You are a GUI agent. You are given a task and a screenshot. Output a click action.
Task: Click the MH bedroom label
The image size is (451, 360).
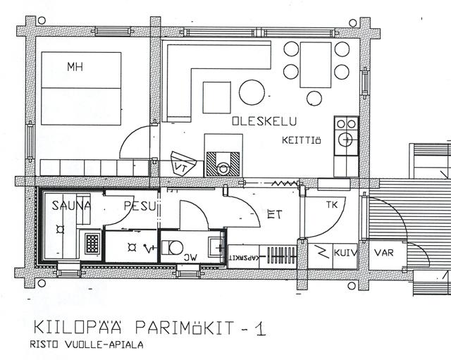[x=75, y=67]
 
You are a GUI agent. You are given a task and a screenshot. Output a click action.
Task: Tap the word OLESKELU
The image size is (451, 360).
[x=264, y=121]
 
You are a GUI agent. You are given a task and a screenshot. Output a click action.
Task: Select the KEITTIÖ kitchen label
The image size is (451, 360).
[x=301, y=140]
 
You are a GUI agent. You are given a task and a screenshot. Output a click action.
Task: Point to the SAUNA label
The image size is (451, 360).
[x=71, y=206]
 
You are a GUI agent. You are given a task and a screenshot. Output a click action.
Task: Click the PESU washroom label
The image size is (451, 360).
[x=140, y=206]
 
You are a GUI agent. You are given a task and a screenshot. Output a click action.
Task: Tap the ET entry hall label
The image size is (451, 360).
[x=275, y=214]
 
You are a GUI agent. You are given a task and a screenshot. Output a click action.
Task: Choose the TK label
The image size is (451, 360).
[x=332, y=205]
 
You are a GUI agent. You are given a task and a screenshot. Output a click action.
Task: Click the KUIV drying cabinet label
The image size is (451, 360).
[x=345, y=253]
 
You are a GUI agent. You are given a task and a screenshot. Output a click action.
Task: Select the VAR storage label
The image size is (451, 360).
[x=383, y=253]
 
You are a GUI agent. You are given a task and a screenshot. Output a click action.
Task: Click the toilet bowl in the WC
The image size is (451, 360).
[x=175, y=247]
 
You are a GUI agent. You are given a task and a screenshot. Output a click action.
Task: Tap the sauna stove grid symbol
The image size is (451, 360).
[x=92, y=244]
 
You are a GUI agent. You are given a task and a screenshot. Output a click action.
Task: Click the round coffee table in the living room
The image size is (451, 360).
[x=252, y=92]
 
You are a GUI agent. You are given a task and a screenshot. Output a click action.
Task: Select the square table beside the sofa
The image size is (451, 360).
[x=216, y=97]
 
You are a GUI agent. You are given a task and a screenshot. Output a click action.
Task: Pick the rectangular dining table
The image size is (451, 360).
[x=316, y=65]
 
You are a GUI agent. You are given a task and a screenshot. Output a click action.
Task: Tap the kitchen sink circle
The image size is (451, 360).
[x=345, y=139]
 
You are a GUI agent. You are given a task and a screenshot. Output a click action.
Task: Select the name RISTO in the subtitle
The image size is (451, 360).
[x=44, y=345]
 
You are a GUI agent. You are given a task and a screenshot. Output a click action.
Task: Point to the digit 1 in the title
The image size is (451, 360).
[x=261, y=329]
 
